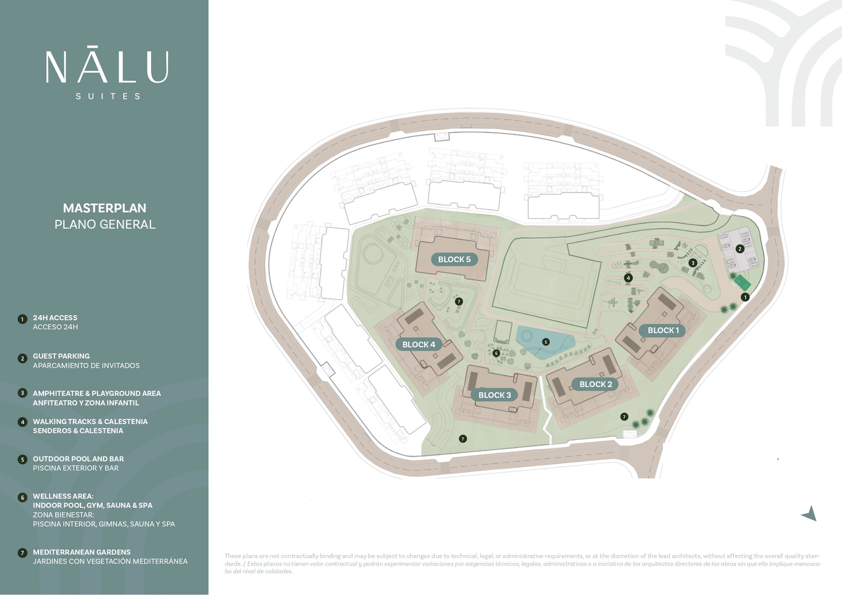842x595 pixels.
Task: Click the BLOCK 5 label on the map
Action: tap(454, 259)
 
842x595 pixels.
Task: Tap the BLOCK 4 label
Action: tap(418, 345)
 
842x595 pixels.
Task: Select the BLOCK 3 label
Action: tap(494, 395)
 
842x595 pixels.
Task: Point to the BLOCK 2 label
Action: tap(596, 384)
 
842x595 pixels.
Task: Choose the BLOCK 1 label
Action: tap(663, 330)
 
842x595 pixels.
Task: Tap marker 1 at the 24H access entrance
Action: tap(745, 297)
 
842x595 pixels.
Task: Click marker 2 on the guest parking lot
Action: tap(740, 249)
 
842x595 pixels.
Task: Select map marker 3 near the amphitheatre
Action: tap(693, 263)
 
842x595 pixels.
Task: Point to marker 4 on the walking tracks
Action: tap(628, 278)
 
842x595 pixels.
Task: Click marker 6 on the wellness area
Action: tap(496, 353)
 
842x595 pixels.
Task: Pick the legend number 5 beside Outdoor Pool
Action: tap(22, 459)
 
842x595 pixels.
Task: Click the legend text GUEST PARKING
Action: tap(61, 356)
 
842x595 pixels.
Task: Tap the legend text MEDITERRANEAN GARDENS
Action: tap(82, 552)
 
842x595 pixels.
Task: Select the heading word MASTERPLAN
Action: tap(105, 208)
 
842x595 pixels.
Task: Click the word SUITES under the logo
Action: tap(108, 96)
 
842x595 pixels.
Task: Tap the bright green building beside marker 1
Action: tap(743, 282)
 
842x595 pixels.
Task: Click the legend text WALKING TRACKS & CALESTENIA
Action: tap(90, 421)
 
